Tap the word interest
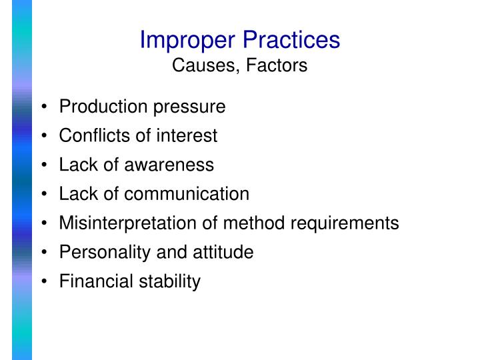187,136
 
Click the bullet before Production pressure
44,107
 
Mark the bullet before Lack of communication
44,195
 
